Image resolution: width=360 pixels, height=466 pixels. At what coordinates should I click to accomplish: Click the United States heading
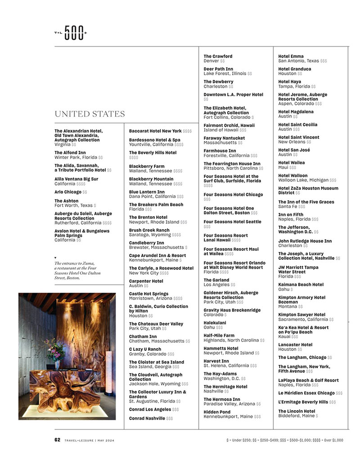pyautogui.click(x=90, y=114)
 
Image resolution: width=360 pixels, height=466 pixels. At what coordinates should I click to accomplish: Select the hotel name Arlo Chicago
pyautogui.click(x=68, y=192)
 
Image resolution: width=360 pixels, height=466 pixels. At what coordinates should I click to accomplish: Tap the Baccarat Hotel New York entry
pyautogui.click(x=155, y=131)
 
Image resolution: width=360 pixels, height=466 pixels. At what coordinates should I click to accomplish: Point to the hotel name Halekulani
pyautogui.click(x=215, y=323)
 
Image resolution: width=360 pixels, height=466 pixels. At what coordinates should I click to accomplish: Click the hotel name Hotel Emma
pyautogui.click(x=291, y=56)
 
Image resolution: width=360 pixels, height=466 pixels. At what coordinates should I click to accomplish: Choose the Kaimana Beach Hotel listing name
pyautogui.click(x=301, y=285)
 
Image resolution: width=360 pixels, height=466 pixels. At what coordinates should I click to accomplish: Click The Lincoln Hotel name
pyautogui.click(x=297, y=411)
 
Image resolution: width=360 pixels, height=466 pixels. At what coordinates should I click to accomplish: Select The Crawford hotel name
pyautogui.click(x=218, y=56)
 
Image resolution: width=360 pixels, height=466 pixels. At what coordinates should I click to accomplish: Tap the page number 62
pyautogui.click(x=57, y=440)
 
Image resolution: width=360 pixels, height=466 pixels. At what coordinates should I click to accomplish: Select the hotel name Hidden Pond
pyautogui.click(x=217, y=412)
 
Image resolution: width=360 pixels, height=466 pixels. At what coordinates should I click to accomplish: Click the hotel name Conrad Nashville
pyautogui.click(x=147, y=418)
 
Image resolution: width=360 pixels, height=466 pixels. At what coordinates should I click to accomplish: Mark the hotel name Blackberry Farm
pyautogui.click(x=147, y=166)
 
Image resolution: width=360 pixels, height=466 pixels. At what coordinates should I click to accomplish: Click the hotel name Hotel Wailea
pyautogui.click(x=291, y=163)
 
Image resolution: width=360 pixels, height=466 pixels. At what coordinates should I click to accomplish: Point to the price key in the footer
pyautogui.click(x=285, y=440)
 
